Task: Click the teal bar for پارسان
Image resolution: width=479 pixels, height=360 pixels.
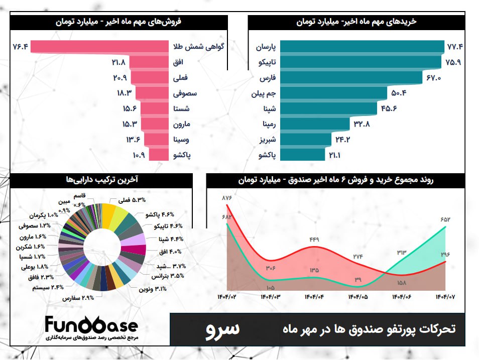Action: (x=362, y=47)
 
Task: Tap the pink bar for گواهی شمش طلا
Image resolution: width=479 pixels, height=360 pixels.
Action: (x=100, y=47)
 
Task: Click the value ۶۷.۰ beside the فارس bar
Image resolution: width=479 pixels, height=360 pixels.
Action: (x=433, y=78)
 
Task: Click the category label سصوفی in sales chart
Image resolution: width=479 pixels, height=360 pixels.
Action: (x=185, y=93)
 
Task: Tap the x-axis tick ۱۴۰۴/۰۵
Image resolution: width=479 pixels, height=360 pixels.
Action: (x=357, y=297)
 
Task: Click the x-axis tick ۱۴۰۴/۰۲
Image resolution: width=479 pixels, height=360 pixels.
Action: (x=227, y=297)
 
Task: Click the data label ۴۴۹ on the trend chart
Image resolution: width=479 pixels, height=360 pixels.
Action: (x=314, y=239)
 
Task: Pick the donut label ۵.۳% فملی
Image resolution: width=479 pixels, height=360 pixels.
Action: (x=132, y=200)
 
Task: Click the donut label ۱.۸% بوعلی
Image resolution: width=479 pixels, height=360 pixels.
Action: (x=34, y=267)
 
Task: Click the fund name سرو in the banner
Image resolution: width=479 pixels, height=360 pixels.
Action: (x=223, y=329)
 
